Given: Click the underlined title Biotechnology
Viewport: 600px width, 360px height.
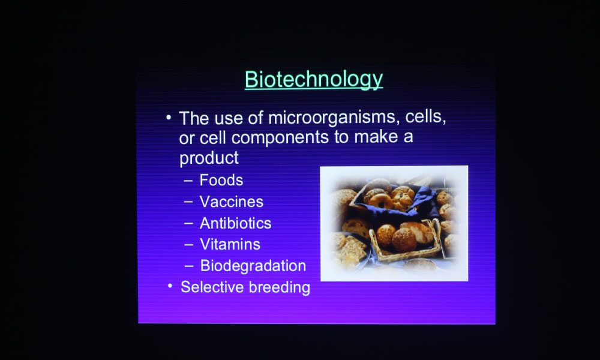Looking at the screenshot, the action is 314,80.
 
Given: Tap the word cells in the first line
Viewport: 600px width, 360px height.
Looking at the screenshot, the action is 425,116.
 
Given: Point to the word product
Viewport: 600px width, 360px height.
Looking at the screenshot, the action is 209,158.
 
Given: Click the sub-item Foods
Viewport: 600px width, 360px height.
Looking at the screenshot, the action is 221,180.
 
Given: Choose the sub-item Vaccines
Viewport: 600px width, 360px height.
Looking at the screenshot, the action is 232,202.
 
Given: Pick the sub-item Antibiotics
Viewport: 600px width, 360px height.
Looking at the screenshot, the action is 235,223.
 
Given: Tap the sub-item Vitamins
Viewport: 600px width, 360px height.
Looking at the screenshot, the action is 230,244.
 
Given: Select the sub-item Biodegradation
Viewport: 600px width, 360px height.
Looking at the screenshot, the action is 253,266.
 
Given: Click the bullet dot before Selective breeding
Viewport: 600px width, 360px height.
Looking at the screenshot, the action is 170,286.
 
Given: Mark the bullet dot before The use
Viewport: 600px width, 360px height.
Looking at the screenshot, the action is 169,117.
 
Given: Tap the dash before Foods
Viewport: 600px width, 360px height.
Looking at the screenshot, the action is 188,181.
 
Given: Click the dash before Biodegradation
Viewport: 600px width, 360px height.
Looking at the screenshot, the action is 188,266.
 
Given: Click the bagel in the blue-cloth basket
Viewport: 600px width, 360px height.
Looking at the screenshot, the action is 381,201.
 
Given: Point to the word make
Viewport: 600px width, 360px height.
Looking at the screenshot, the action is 376,137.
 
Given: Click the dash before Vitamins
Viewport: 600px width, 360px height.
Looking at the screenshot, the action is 188,244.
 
